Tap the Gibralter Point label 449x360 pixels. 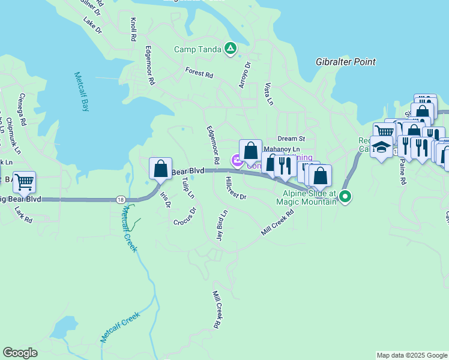tap(346, 62)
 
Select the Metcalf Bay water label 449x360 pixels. tap(81, 92)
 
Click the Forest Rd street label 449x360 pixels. tap(199, 73)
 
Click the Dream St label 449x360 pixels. tap(291, 139)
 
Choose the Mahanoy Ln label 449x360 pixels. tap(282, 149)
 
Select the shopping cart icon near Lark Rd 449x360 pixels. tap(24, 181)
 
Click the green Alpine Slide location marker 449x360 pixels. tap(345, 196)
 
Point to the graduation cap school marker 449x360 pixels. tap(381, 147)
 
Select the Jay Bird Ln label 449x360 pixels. tap(222, 226)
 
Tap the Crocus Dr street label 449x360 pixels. tap(185, 217)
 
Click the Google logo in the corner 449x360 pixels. tap(20, 353)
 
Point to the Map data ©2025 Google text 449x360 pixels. tap(412, 355)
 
